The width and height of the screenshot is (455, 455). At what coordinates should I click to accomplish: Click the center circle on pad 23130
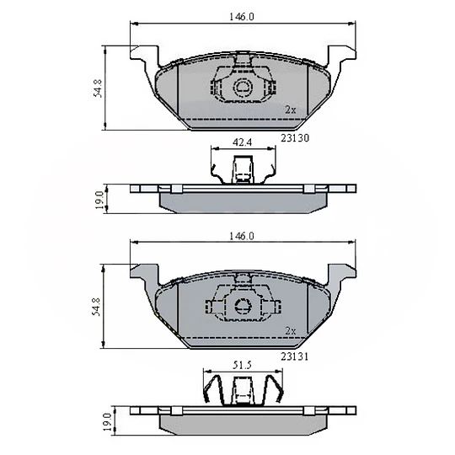click(243, 88)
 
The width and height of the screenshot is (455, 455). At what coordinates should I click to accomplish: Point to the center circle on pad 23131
click(243, 308)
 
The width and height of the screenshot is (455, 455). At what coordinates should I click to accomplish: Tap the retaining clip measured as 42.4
click(242, 169)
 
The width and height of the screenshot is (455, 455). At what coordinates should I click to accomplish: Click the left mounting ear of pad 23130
click(143, 56)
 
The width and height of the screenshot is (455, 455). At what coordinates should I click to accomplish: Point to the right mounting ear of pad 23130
click(340, 56)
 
